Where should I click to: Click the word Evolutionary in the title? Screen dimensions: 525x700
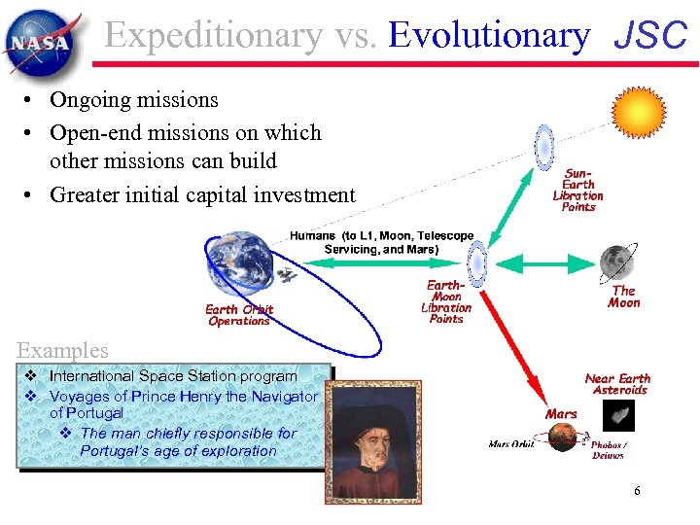click(x=488, y=36)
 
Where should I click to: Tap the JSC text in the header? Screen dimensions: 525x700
click(x=650, y=36)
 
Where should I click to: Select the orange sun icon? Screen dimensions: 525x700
click(x=638, y=113)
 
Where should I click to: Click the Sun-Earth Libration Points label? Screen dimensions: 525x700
click(x=577, y=190)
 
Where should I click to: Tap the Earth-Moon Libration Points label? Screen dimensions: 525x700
click(x=446, y=301)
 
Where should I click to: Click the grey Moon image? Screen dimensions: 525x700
click(x=616, y=261)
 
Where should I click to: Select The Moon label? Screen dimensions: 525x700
click(x=623, y=297)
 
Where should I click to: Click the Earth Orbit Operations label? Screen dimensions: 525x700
click(x=239, y=315)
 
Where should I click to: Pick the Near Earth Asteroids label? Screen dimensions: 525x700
click(x=617, y=384)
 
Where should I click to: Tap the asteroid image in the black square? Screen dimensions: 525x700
click(x=617, y=416)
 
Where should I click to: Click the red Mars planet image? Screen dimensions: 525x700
click(x=562, y=437)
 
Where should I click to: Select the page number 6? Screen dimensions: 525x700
click(x=637, y=491)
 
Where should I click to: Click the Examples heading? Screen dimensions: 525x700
click(x=62, y=350)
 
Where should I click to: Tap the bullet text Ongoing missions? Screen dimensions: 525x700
click(x=134, y=100)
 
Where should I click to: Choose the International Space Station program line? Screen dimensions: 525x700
click(x=173, y=376)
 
